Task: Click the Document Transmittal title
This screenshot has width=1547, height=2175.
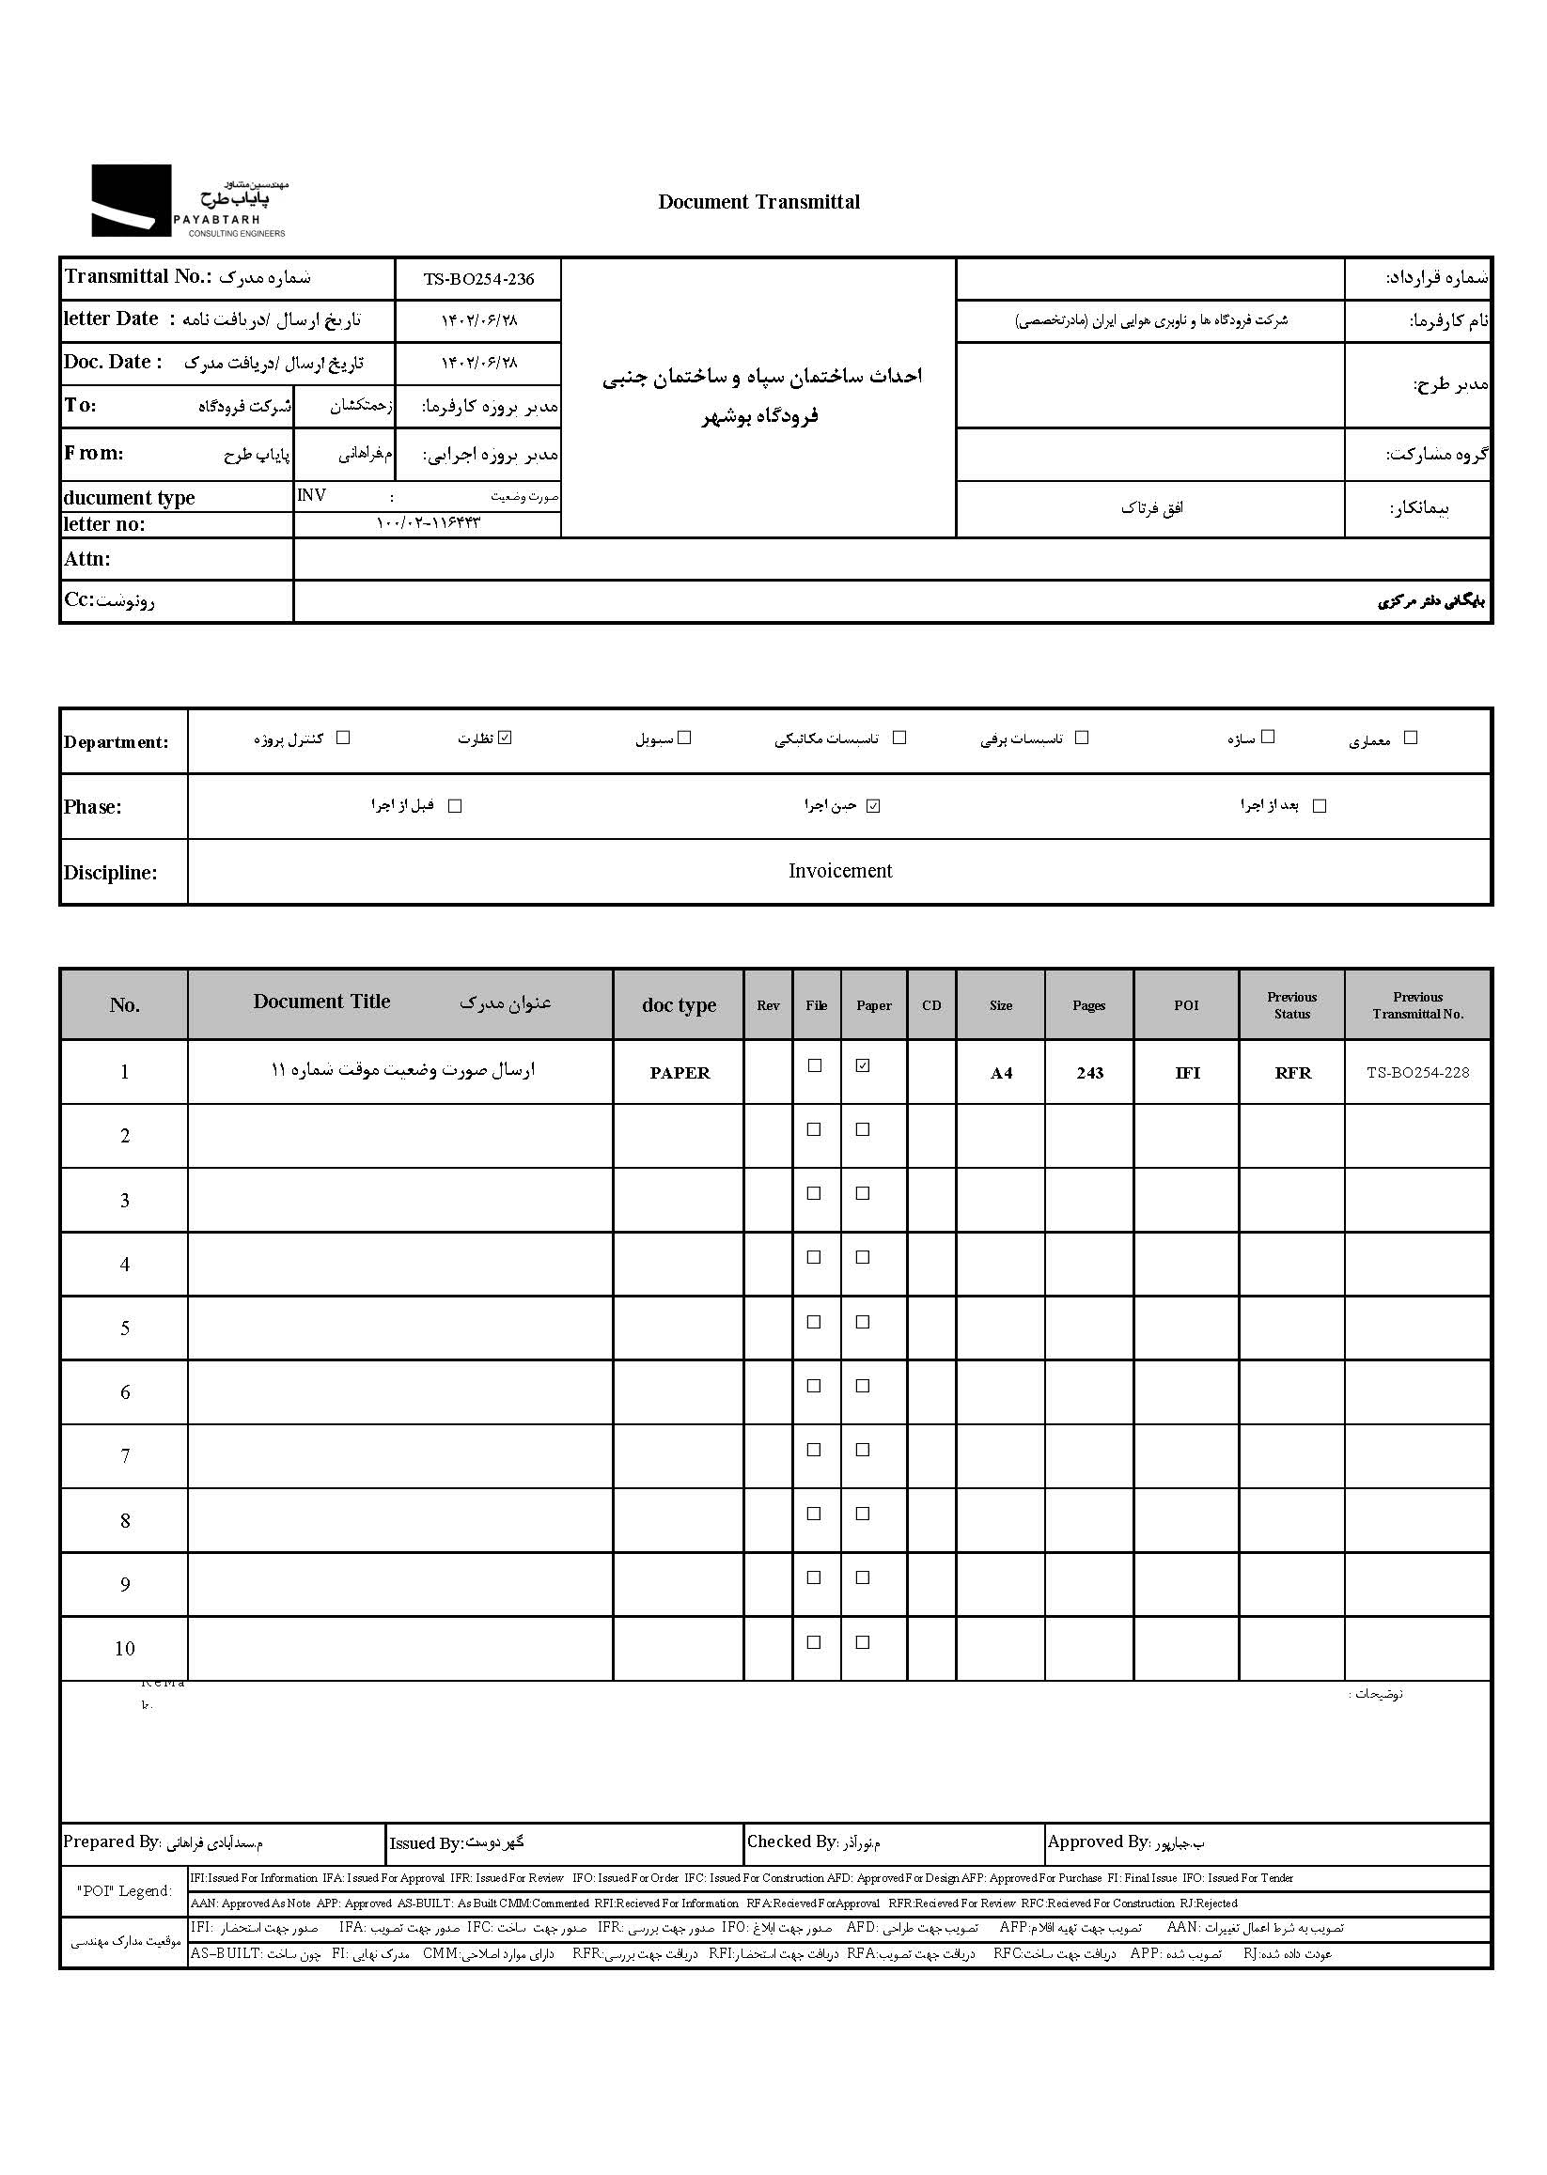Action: [x=758, y=202]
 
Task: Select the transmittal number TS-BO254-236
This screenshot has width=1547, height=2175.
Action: [x=478, y=279]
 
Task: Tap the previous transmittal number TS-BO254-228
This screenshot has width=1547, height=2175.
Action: [x=1417, y=1072]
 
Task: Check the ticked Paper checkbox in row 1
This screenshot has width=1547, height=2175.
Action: [x=863, y=1065]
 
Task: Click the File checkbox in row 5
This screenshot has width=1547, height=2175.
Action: [x=815, y=1322]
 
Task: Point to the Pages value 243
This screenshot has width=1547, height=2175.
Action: [x=1089, y=1073]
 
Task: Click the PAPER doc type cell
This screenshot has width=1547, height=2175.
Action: [x=680, y=1073]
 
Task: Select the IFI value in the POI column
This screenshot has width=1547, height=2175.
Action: [x=1187, y=1073]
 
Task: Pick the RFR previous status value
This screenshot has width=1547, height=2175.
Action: [x=1292, y=1073]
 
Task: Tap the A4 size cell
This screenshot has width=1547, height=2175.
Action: [x=1001, y=1073]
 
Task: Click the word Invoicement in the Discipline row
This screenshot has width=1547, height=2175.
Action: [x=840, y=871]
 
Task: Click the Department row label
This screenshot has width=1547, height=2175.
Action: [x=117, y=743]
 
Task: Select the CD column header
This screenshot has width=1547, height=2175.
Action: [x=931, y=1005]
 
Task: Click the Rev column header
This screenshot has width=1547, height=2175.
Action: [x=768, y=1005]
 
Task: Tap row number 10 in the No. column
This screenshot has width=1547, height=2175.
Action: [x=125, y=1648]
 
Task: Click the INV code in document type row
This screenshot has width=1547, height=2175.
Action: [x=311, y=495]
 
